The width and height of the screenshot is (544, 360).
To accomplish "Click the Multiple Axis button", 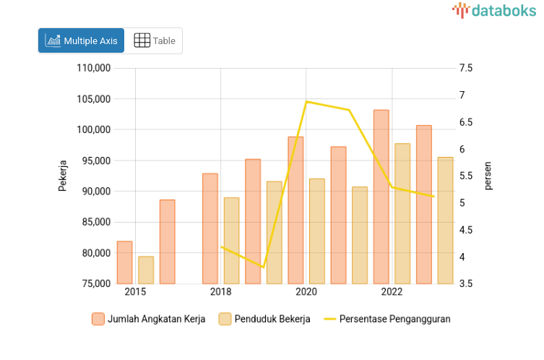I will point(81,40).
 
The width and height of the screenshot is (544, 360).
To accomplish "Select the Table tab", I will point(155,40).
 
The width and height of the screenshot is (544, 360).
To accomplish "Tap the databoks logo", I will point(495,10).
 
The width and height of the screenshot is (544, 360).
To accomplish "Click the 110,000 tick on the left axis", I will point(92,69).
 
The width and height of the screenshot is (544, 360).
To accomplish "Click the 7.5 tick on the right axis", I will point(465,69).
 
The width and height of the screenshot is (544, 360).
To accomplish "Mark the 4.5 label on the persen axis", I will point(465,230).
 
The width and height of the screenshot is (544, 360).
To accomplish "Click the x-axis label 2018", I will point(220,292).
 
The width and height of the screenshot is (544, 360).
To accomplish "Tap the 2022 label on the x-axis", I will point(392,292).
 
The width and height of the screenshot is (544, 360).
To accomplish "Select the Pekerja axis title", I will point(62,175).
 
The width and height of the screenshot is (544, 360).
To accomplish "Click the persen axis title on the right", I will point(488,176).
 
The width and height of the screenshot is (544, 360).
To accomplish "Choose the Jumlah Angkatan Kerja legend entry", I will point(149,319).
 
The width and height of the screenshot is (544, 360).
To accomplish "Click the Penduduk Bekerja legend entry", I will point(264,319).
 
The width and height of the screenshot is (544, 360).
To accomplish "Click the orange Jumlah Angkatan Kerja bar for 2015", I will point(124,262).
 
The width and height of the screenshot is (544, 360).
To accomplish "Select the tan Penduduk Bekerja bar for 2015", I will point(146,270).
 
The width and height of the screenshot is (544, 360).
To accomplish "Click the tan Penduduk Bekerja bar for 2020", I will point(317,231).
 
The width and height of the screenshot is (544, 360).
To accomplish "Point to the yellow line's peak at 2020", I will point(306,102).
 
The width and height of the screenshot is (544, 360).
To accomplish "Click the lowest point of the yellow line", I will point(263,267).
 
